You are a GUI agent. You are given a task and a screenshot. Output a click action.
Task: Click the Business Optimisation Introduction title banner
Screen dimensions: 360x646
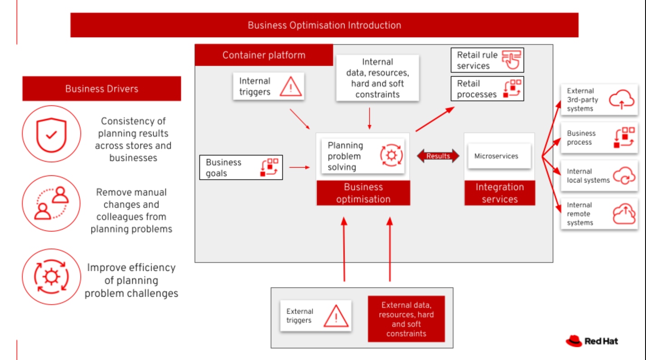pos(324,25)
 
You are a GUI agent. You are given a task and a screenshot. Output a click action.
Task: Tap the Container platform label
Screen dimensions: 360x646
pos(264,55)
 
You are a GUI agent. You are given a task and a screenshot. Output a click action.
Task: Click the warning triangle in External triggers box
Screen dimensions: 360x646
pos(336,316)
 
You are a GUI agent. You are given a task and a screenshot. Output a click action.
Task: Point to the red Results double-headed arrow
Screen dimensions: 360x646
pos(438,156)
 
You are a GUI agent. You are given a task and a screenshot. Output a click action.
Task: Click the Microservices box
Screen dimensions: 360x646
pos(499,156)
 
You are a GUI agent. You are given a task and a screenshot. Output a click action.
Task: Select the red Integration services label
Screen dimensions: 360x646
pos(499,193)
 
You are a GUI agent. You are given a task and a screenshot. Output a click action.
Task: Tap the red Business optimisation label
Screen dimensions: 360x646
pos(363,193)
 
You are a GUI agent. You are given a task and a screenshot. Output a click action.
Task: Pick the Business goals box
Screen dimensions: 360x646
pos(241,168)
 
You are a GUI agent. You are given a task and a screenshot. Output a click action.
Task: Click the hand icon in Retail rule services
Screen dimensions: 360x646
pos(512,60)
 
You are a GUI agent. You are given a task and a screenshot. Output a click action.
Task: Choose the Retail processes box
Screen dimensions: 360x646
pos(487,89)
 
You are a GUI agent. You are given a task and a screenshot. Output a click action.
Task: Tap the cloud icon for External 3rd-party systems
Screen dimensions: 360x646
pos(622,100)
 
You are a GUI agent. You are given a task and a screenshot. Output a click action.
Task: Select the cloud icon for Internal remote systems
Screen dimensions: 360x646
pos(624,214)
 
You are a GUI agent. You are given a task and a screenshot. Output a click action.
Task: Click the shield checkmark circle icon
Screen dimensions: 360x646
pos(52,134)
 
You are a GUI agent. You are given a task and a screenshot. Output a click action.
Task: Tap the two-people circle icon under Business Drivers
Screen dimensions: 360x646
pos(51,204)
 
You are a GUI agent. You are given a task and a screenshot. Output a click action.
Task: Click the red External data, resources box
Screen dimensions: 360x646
pos(406,319)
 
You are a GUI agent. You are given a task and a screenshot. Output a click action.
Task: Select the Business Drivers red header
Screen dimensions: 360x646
pos(101,89)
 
